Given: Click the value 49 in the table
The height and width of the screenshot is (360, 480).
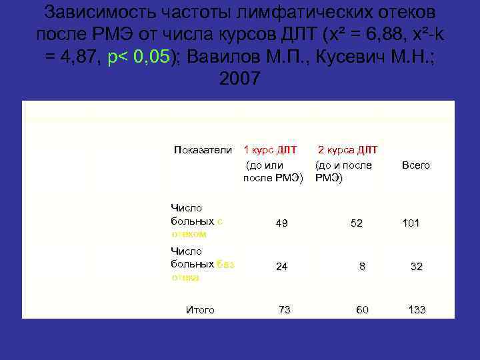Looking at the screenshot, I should click(282, 223).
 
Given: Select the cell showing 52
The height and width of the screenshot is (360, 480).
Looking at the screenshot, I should click(357, 223).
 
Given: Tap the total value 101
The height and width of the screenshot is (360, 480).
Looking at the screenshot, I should click(411, 223).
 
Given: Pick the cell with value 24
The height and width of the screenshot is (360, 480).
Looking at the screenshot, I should click(282, 266).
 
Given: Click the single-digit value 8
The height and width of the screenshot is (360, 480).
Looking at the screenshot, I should click(362, 266).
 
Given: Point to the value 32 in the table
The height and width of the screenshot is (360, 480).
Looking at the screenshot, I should click(417, 266).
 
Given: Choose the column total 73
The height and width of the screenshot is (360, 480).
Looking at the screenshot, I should click(285, 310).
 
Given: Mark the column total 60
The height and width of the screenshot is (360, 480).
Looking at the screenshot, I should click(362, 310).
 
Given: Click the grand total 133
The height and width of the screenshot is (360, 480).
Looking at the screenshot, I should click(417, 310).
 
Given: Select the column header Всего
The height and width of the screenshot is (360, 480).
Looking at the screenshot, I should click(416, 165).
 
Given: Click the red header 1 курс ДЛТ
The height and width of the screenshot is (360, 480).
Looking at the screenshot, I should click(271, 149).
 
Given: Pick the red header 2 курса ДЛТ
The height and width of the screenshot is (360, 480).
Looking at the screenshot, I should click(347, 149).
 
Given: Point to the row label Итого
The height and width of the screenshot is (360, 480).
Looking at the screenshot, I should click(200, 310).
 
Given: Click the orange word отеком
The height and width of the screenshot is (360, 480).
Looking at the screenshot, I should click(189, 234).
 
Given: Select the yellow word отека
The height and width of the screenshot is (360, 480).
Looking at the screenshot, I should click(185, 277).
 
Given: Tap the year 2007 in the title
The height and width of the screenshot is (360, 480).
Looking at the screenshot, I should click(239, 79).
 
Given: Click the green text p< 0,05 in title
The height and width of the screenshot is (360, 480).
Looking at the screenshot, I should click(137, 56).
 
